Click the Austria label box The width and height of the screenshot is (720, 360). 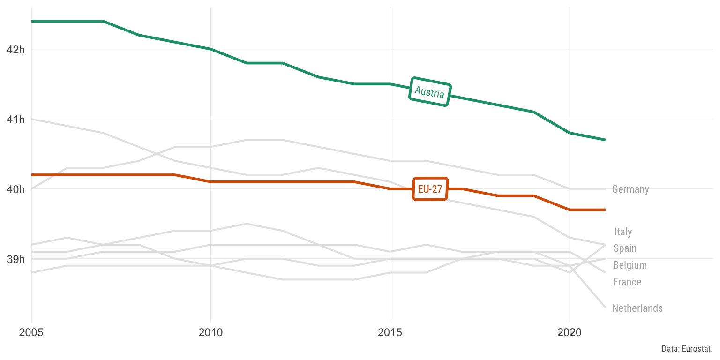point(430,92)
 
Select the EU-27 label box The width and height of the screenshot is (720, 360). point(430,189)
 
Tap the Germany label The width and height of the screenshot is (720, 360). point(630,189)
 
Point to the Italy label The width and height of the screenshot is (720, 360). point(623,232)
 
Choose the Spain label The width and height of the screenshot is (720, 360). point(625,248)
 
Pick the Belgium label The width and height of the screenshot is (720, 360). point(630,265)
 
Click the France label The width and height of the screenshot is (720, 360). point(627,282)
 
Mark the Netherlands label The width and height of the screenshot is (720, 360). point(637,308)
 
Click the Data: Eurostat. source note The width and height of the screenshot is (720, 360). point(687,349)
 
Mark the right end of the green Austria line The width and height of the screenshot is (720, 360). point(605,140)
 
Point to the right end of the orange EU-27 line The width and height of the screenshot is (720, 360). point(605,210)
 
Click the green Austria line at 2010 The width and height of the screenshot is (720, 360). point(211,49)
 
